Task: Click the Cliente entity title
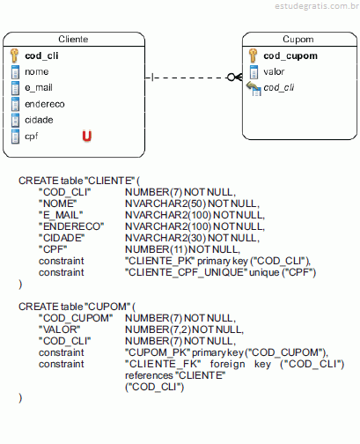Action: [73, 39]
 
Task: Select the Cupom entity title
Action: [298, 39]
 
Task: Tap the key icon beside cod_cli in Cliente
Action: [14, 55]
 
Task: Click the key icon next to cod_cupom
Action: [253, 55]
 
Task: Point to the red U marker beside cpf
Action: [87, 136]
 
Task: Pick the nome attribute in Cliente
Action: [37, 71]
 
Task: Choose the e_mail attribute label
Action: [39, 87]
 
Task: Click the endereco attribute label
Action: [45, 104]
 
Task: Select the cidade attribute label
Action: [39, 120]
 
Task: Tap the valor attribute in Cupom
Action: [274, 71]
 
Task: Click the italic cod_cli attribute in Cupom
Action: [279, 87]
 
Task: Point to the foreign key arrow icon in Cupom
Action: [253, 88]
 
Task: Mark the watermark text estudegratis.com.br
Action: [317, 6]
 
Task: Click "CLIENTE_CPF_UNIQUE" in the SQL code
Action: [187, 272]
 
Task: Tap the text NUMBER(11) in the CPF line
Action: [156, 249]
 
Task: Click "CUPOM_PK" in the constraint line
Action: [158, 352]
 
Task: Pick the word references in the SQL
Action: [149, 375]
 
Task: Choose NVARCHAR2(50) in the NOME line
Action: [165, 203]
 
